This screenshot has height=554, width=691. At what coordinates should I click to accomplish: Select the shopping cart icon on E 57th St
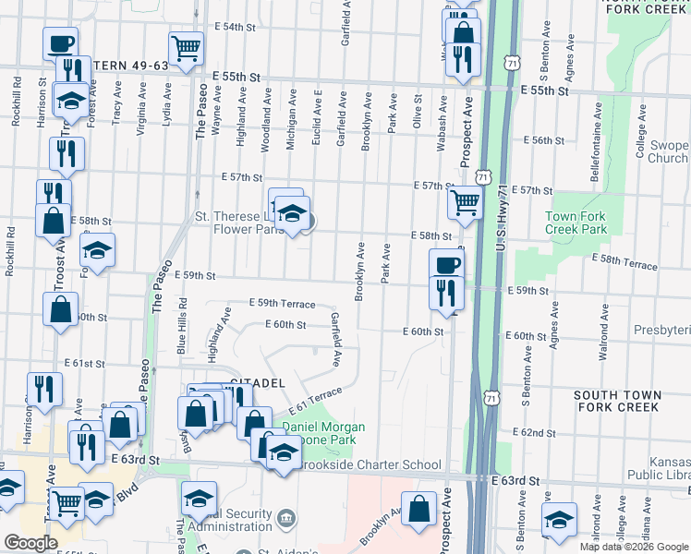466,200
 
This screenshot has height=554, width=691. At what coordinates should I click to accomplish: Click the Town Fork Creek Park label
576,222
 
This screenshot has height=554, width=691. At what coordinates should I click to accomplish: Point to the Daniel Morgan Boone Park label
323,434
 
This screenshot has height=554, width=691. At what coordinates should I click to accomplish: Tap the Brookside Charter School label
363,464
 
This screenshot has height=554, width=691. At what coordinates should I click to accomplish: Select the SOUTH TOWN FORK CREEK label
618,401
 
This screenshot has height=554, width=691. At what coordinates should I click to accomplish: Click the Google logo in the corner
30,543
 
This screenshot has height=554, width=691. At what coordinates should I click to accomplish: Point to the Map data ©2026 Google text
633,547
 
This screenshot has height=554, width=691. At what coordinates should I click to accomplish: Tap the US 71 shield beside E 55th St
511,61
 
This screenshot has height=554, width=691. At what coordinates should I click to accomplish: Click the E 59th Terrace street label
282,304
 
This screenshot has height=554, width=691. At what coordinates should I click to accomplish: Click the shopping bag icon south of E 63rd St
419,509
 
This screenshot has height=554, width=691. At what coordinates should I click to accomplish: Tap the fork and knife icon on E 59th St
447,293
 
